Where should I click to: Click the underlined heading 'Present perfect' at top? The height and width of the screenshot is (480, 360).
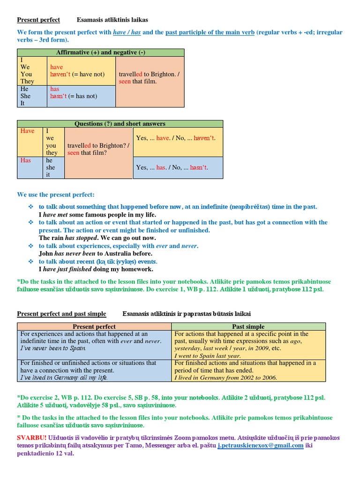pyautogui.click(x=38, y=20)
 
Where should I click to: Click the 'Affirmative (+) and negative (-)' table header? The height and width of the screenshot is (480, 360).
pyautogui.click(x=101, y=52)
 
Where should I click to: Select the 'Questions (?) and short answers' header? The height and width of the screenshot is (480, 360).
pyautogui.click(x=120, y=124)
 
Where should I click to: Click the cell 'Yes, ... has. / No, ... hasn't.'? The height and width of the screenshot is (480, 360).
pyautogui.click(x=172, y=167)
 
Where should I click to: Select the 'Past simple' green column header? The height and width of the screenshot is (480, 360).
pyautogui.click(x=248, y=326)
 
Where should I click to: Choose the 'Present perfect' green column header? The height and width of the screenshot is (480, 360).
pyautogui.click(x=95, y=326)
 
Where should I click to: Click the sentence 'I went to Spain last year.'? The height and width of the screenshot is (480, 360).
pyautogui.click(x=208, y=356)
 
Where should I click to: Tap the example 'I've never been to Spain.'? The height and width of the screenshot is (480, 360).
pyautogui.click(x=53, y=348)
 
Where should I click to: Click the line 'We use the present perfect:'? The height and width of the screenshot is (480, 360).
pyautogui.click(x=56, y=195)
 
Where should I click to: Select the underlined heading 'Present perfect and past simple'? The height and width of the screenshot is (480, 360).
pyautogui.click(x=61, y=314)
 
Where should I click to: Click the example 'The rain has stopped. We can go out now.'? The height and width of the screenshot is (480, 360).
pyautogui.click(x=98, y=238)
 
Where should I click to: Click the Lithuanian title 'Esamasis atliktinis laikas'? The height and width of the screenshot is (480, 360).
pyautogui.click(x=112, y=20)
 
